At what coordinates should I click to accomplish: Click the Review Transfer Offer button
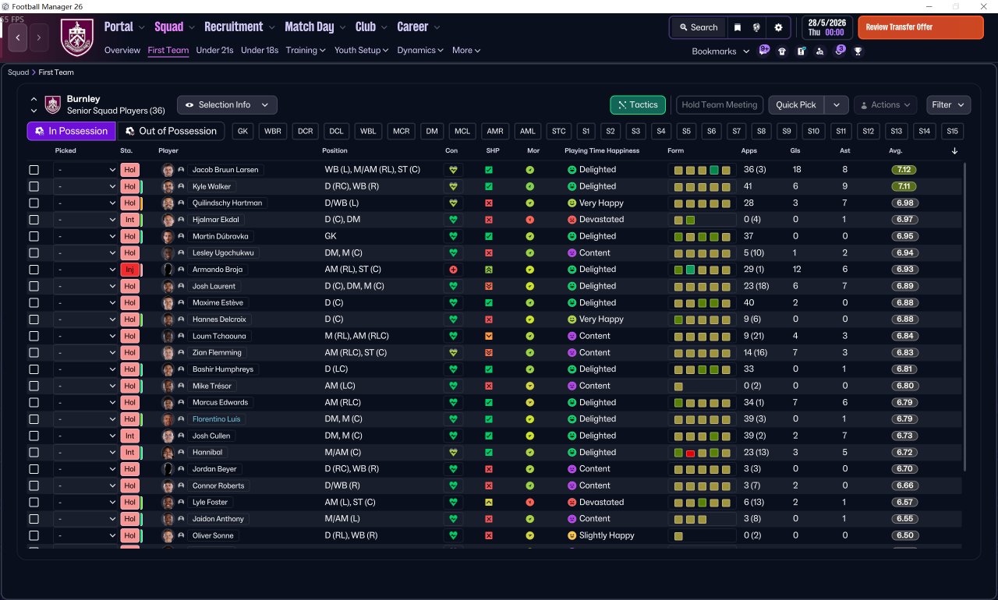(920, 27)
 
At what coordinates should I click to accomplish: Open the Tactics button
(637, 104)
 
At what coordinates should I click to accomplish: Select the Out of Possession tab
(171, 131)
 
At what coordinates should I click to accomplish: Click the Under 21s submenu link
(214, 50)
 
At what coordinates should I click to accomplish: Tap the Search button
(698, 27)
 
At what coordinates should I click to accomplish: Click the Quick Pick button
(796, 104)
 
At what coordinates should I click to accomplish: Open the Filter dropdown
(948, 104)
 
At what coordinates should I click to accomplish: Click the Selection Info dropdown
(227, 104)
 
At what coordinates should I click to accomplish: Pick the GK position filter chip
(243, 131)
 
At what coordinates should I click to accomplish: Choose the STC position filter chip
(558, 131)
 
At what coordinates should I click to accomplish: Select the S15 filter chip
(952, 131)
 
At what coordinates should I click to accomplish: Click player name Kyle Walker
(212, 186)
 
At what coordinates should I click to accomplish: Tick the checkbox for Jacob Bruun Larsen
(34, 170)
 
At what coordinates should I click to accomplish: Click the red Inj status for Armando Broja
(129, 270)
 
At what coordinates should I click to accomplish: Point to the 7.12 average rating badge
(904, 170)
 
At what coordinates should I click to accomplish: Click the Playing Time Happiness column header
(601, 150)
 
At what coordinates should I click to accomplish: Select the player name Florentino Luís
(216, 419)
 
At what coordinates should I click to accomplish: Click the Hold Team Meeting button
(719, 104)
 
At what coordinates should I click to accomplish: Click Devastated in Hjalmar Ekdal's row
(601, 220)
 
